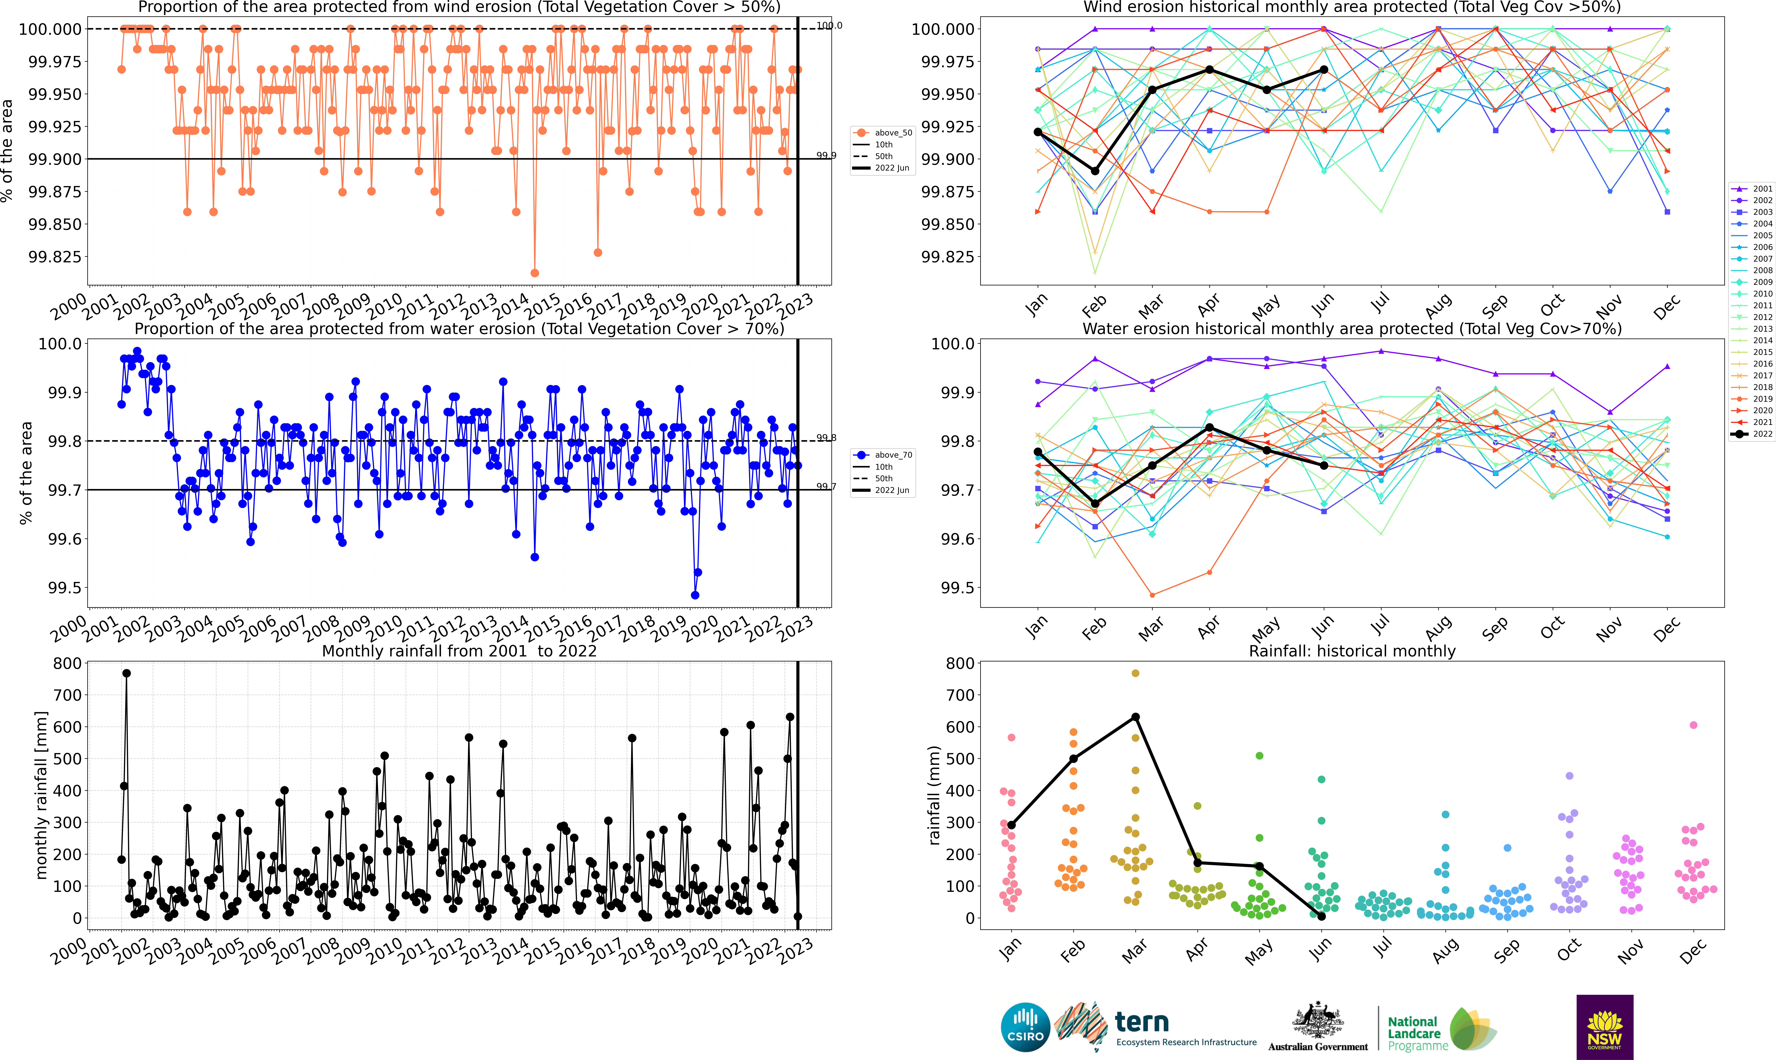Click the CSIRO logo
1025,1027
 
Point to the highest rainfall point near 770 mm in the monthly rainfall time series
126,673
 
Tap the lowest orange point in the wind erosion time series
535,273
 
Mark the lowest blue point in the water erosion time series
695,595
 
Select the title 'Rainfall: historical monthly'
1352,651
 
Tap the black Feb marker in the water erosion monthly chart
1095,504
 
